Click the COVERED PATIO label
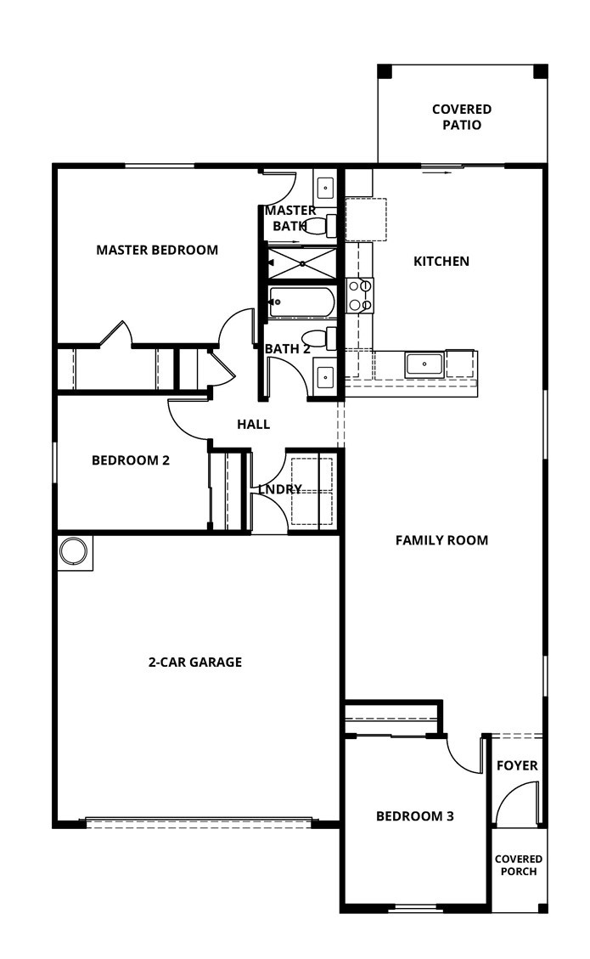pos(461,117)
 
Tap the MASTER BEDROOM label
pos(157,250)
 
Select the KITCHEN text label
pos(441,261)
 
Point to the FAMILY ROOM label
pos(441,540)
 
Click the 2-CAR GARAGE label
pos(194,662)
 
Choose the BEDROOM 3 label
pos(414,816)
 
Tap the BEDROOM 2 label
pos(131,460)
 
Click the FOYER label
pos(517,765)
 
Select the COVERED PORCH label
pos(518,865)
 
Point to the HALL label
pos(253,424)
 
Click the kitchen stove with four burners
pos(360,296)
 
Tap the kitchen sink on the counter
pos(424,364)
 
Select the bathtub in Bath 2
pos(301,302)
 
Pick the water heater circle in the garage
pos(73,552)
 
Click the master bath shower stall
pos(301,262)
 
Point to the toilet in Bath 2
pos(321,338)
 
